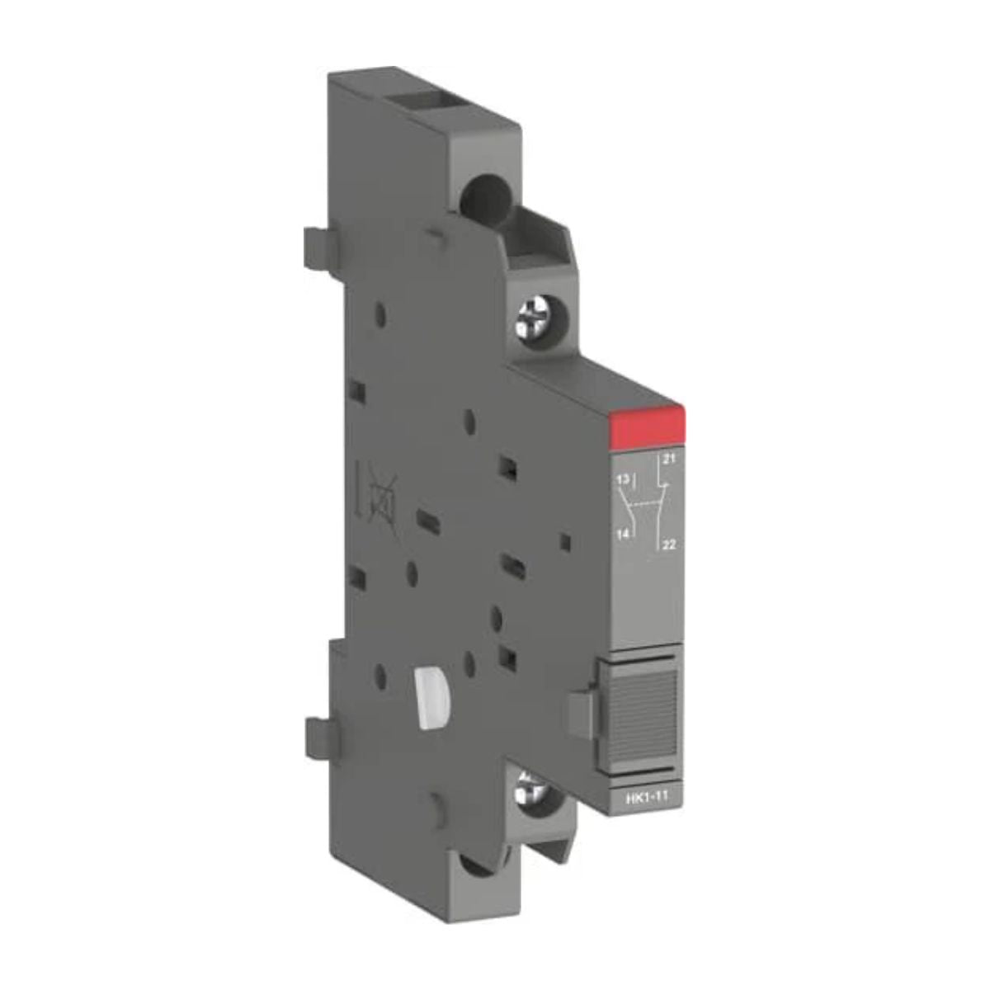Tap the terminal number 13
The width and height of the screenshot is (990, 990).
coord(623,479)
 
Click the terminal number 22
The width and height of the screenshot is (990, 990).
coord(670,543)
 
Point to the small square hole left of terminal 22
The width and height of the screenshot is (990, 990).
coord(563,543)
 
